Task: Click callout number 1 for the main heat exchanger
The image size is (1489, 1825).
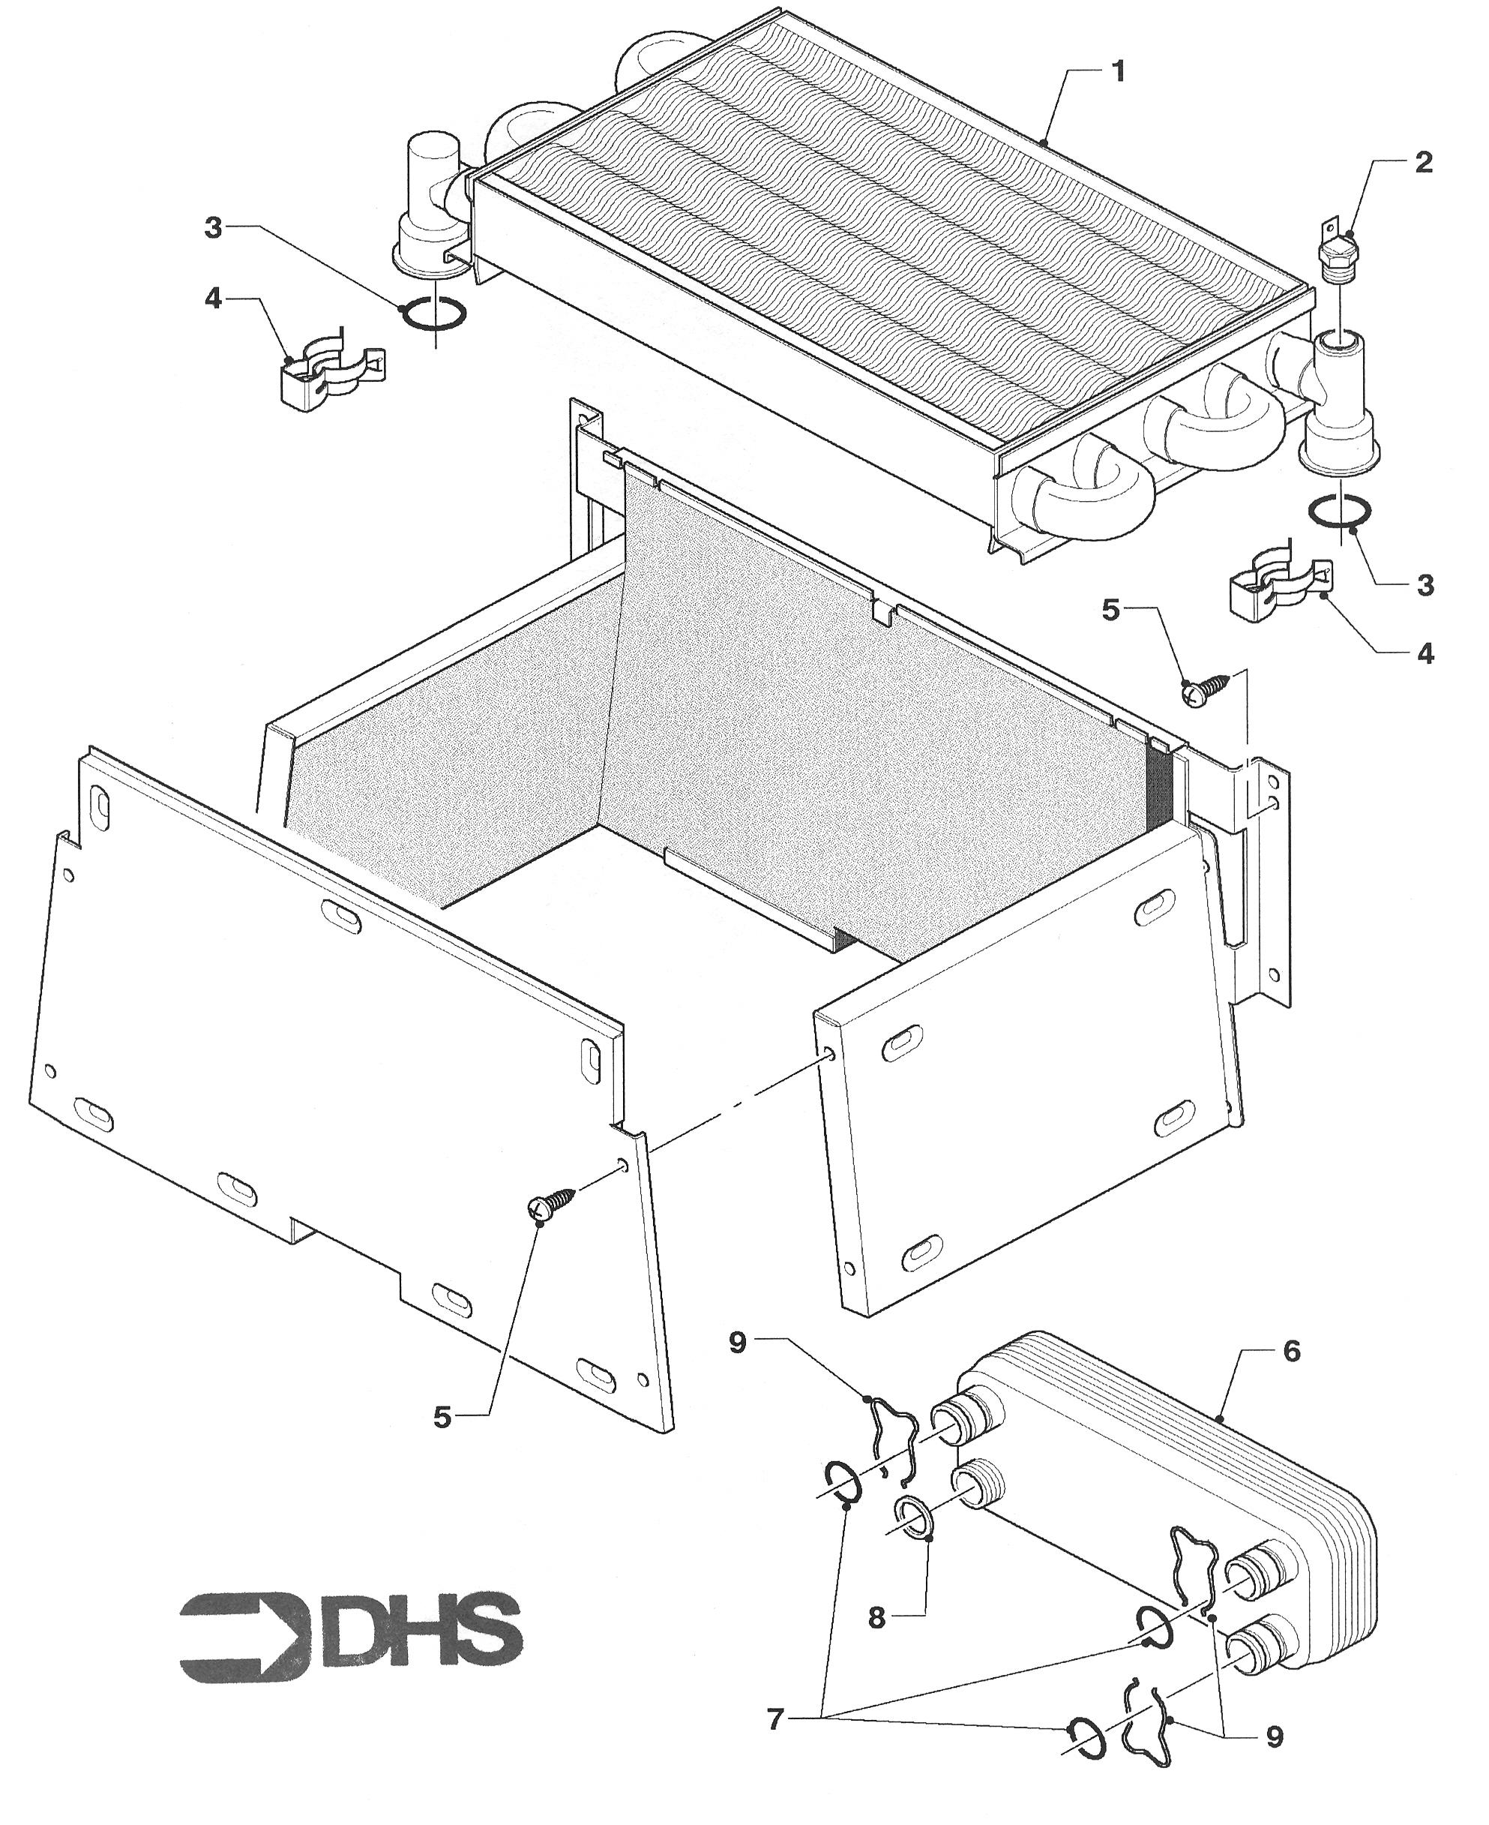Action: [1118, 72]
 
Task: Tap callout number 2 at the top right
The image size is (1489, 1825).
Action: [1423, 163]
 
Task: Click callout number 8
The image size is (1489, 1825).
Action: [876, 1617]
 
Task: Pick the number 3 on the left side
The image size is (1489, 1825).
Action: [214, 228]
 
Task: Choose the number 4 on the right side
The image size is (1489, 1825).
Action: [1425, 654]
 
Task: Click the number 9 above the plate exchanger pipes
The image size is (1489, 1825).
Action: [739, 1343]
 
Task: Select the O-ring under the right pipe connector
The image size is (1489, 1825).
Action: [1339, 511]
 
